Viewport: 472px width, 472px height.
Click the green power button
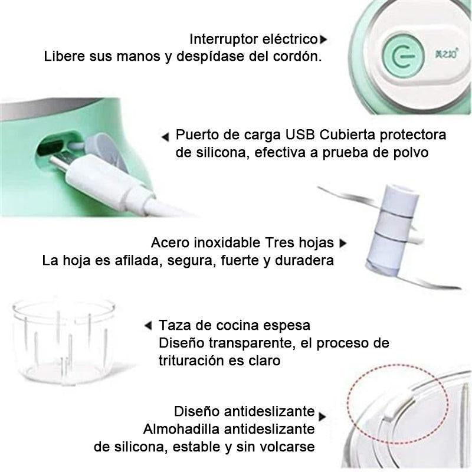tap(403, 55)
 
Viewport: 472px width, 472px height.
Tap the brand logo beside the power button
tap(446, 54)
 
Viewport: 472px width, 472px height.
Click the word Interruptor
tap(224, 39)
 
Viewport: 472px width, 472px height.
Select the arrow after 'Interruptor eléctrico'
tap(323, 40)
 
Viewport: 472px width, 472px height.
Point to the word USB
tap(300, 135)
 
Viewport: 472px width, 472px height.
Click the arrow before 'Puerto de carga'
tap(165, 137)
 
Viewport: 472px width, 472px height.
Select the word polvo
tap(411, 153)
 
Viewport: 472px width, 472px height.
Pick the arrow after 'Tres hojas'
tap(343, 243)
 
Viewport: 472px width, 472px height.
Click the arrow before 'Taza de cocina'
tap(148, 326)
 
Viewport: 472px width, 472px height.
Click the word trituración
tap(191, 360)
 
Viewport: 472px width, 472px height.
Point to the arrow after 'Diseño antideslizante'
tap(322, 417)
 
